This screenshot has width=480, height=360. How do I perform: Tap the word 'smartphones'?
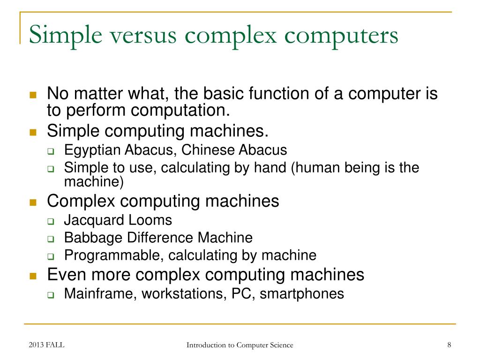tap(302, 294)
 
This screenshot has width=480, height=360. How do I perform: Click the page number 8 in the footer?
tap(449, 345)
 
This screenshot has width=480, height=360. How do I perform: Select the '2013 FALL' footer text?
tap(46, 345)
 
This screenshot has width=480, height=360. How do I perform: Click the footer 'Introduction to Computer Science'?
tap(240, 345)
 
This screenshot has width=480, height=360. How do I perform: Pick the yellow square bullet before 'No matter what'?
tap(33, 95)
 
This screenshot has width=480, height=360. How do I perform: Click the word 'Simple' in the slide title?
tap(59, 36)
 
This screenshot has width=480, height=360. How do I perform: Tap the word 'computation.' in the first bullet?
tap(180, 111)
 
